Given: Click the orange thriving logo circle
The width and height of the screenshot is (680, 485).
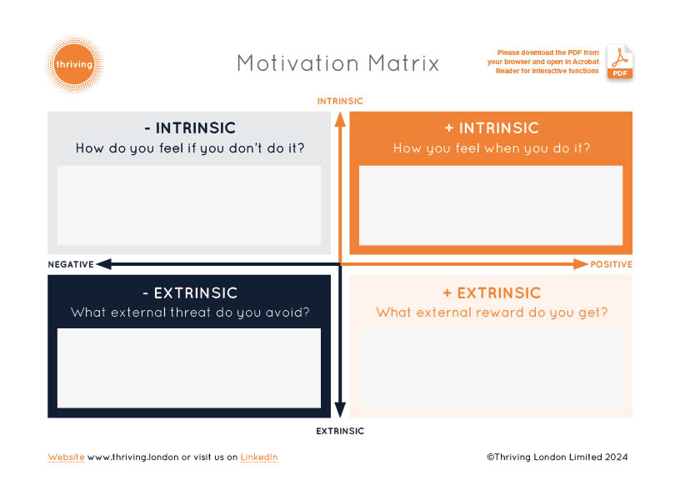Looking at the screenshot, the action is tap(75, 64).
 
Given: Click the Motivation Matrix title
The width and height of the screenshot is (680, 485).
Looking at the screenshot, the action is tap(338, 63).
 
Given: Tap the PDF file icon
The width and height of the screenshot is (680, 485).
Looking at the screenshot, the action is tap(620, 62).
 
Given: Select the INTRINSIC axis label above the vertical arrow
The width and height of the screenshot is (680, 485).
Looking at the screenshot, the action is tap(340, 101).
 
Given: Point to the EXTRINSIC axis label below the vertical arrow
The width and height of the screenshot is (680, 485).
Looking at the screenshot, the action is tap(340, 431).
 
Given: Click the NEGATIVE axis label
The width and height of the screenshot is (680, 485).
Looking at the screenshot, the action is tap(71, 265).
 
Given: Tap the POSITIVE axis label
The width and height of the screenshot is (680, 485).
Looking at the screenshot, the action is tap(611, 265).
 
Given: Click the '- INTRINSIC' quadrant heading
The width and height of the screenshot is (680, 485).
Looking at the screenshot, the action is tap(190, 128).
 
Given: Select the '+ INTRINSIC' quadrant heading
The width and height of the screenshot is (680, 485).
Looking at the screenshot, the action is tap(492, 128).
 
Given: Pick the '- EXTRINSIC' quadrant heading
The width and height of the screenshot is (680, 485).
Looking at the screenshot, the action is tap(190, 293).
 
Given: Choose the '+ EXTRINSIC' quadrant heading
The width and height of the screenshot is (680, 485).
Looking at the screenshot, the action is tap(492, 293).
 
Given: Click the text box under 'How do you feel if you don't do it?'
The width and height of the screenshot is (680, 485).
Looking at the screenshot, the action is tap(189, 205).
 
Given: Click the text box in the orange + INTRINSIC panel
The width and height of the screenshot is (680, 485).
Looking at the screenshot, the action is tap(491, 205).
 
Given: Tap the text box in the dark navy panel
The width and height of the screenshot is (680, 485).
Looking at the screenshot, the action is tap(189, 368).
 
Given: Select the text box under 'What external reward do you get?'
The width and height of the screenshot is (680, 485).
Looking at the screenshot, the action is tap(491, 368).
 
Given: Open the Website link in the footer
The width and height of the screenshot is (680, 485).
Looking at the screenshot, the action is tap(66, 457).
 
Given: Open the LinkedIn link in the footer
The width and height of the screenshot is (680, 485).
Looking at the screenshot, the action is tap(259, 457).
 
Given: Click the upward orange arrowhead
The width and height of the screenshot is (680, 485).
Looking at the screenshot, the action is tap(341, 119).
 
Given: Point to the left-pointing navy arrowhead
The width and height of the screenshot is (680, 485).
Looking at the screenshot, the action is tap(104, 264).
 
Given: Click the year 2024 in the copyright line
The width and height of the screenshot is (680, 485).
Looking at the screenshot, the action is tap(617, 457).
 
